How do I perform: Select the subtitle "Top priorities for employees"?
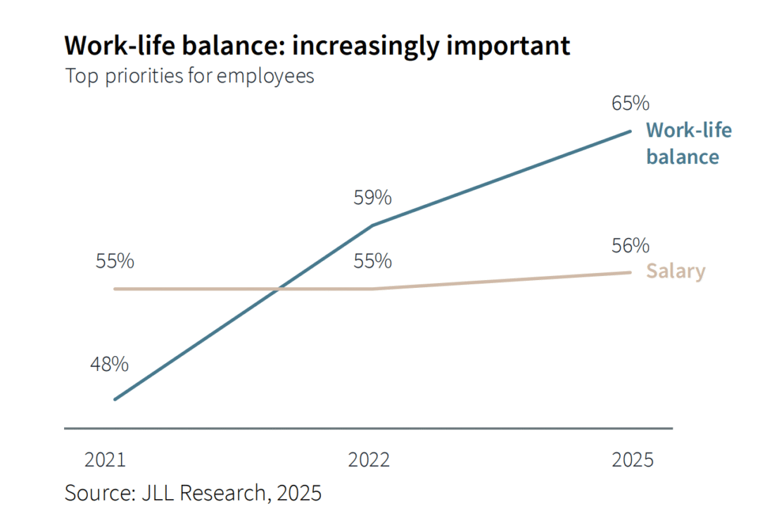click(x=189, y=76)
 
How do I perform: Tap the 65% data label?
click(x=630, y=103)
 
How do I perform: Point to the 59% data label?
click(x=372, y=198)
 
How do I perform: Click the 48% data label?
click(x=109, y=365)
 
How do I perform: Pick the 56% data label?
click(x=630, y=246)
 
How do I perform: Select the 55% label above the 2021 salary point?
click(x=115, y=261)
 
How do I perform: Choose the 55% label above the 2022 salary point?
click(x=372, y=261)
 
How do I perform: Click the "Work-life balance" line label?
click(x=688, y=143)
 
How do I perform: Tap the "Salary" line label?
click(x=676, y=272)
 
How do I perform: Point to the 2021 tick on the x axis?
click(x=105, y=460)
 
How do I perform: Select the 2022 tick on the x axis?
click(x=369, y=460)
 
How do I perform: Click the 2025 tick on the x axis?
click(x=633, y=460)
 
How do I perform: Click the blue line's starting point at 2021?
click(x=115, y=399)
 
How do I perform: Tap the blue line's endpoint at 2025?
click(x=630, y=131)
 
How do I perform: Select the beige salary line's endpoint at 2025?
click(x=630, y=272)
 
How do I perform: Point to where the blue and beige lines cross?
click(x=279, y=289)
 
